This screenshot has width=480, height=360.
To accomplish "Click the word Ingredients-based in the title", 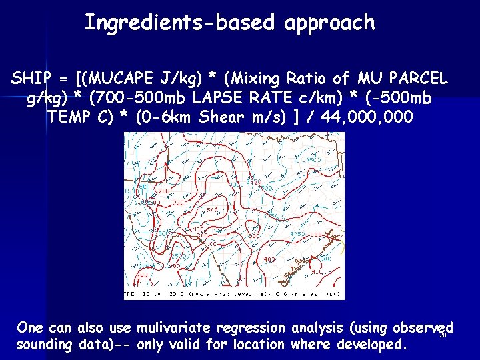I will pyautogui.click(x=181, y=23).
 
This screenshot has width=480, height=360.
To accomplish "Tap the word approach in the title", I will pyautogui.click(x=329, y=23).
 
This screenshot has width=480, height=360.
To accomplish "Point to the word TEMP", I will pyautogui.click(x=69, y=118).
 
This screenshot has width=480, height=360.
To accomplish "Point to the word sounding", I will pyautogui.click(x=43, y=345).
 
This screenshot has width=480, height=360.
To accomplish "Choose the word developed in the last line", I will pyautogui.click(x=370, y=345).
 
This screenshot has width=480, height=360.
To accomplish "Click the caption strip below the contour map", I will pyautogui.click(x=234, y=294).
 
